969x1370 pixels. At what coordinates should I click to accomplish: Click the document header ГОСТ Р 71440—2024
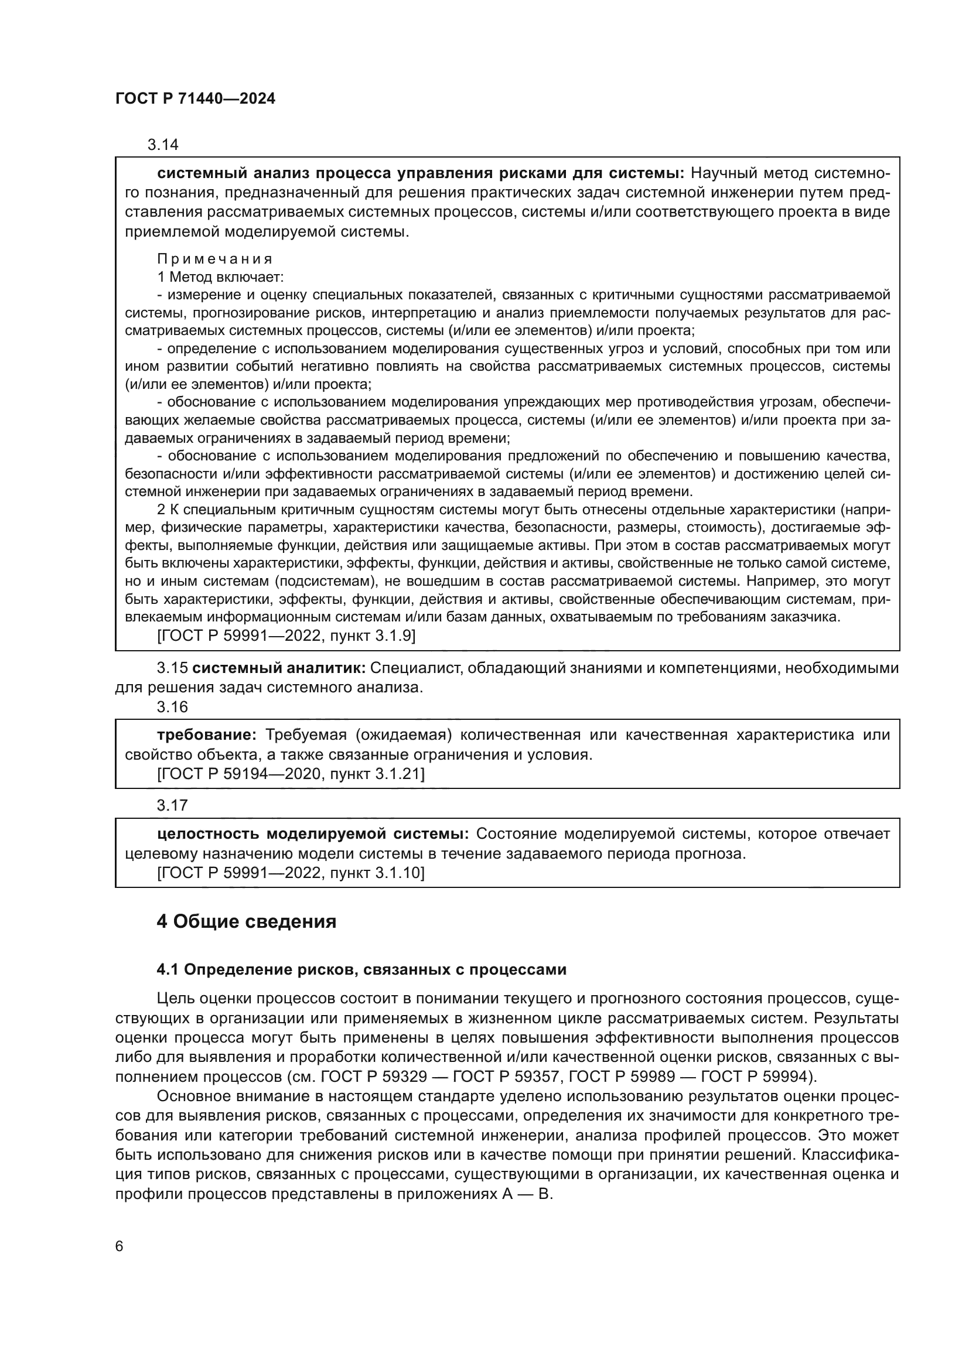[x=195, y=99]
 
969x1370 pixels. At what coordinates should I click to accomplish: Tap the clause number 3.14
[x=163, y=145]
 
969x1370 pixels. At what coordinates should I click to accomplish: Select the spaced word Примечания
[x=215, y=259]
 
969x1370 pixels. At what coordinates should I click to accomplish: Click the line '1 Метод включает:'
[x=220, y=277]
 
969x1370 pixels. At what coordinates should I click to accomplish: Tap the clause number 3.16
[x=172, y=707]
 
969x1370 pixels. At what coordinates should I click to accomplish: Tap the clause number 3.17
[x=172, y=805]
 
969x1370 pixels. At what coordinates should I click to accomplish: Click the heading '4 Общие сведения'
[x=246, y=922]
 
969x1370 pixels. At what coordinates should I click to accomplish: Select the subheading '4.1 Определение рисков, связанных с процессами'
[x=361, y=970]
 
